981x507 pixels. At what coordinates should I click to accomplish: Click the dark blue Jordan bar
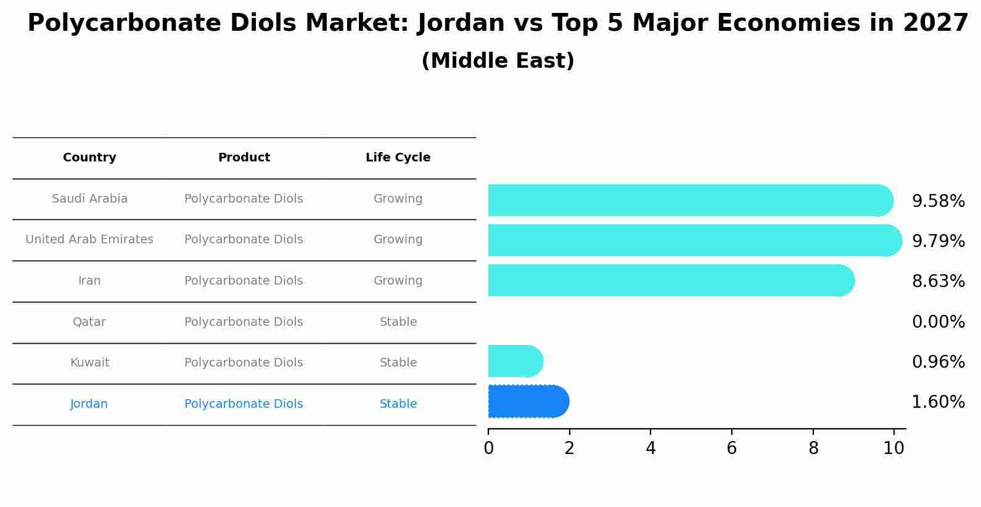pos(528,402)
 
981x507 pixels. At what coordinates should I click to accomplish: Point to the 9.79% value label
pos(938,241)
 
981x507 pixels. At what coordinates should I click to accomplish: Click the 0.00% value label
pos(938,322)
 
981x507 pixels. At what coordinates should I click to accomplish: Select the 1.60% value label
pos(938,402)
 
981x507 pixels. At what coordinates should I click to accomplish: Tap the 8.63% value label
pos(938,281)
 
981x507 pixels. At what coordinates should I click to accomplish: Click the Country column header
pos(89,158)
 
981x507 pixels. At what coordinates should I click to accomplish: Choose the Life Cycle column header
pos(398,158)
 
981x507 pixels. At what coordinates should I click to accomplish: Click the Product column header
pos(244,158)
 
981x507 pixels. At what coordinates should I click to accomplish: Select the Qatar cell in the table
pos(89,322)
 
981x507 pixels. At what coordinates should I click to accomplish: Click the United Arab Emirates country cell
pos(89,240)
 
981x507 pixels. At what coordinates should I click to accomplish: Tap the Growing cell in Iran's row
pos(398,281)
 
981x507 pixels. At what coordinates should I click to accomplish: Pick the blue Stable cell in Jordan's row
pos(398,404)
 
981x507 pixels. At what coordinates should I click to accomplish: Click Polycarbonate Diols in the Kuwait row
pos(244,363)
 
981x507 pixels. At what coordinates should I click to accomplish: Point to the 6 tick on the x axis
pos(731,448)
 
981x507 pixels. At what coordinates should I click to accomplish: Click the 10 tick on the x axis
pos(893,448)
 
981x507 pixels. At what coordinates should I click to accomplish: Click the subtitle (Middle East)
pos(498,61)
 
